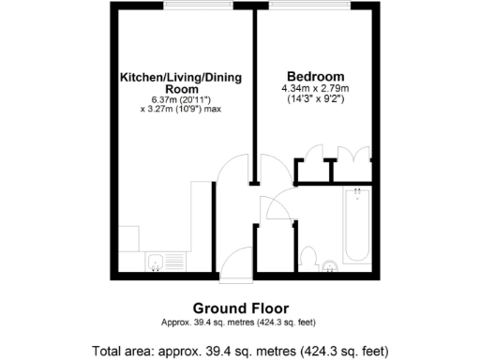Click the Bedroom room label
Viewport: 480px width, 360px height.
tap(314, 76)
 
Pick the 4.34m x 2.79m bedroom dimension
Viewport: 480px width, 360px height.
tap(314, 88)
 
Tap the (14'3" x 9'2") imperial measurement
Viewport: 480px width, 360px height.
tap(314, 98)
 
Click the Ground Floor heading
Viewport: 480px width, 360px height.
tap(240, 307)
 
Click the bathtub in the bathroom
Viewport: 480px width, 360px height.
tap(357, 227)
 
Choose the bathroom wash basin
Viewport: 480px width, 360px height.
tap(332, 267)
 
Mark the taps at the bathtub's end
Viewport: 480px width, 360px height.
tap(357, 193)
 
